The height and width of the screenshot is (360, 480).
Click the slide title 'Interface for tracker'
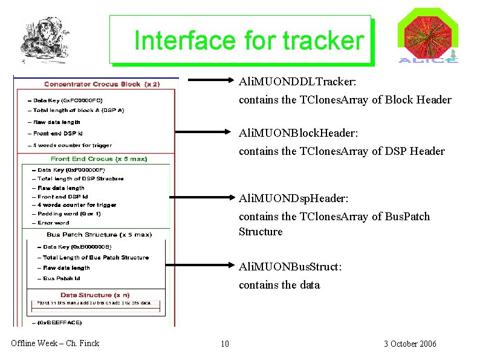(x=248, y=41)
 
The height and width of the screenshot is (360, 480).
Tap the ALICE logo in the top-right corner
(x=427, y=37)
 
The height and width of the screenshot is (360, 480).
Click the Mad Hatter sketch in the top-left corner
(x=42, y=40)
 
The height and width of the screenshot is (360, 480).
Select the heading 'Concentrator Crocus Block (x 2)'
(x=102, y=84)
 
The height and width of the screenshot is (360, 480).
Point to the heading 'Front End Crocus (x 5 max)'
(x=99, y=159)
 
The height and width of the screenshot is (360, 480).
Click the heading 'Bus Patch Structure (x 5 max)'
(x=99, y=234)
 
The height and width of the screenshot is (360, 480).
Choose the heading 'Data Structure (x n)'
(x=94, y=295)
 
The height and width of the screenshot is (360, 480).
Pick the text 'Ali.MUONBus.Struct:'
(x=290, y=267)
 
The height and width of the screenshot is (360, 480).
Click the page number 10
(x=225, y=344)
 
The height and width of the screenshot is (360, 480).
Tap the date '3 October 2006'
(x=410, y=344)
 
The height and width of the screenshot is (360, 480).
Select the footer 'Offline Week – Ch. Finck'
(x=55, y=344)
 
